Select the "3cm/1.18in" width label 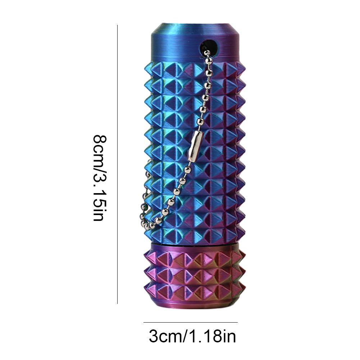point(192,337)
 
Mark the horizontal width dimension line point(191,323)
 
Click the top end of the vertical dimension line point(117,26)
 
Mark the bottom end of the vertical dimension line point(117,303)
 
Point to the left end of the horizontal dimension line point(144,323)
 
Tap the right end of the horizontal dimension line point(237,323)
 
